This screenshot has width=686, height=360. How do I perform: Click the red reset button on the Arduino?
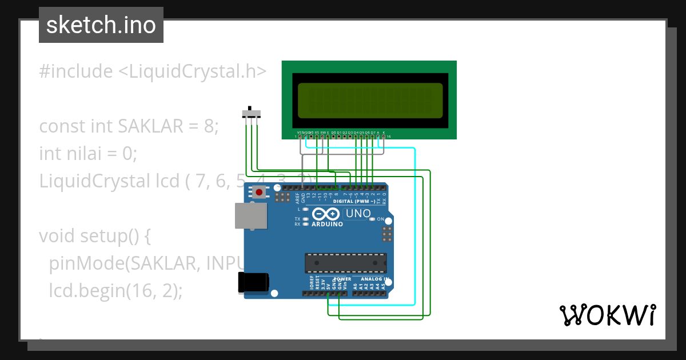pyautogui.click(x=260, y=192)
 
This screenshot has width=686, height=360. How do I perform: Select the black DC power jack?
pyautogui.click(x=253, y=282)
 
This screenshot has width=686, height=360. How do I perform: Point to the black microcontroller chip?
pyautogui.click(x=345, y=262)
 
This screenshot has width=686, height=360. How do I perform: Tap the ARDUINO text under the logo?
pyautogui.click(x=327, y=225)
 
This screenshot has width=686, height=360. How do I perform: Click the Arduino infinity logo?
pyautogui.click(x=326, y=214)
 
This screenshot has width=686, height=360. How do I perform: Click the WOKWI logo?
pyautogui.click(x=607, y=315)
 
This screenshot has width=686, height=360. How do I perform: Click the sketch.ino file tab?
pyautogui.click(x=101, y=25)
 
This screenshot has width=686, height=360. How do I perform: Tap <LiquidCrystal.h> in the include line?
pyautogui.click(x=192, y=71)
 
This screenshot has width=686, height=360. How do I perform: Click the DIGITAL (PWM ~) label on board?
pyautogui.click(x=354, y=202)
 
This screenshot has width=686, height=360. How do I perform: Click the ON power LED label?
pyautogui.click(x=380, y=219)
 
